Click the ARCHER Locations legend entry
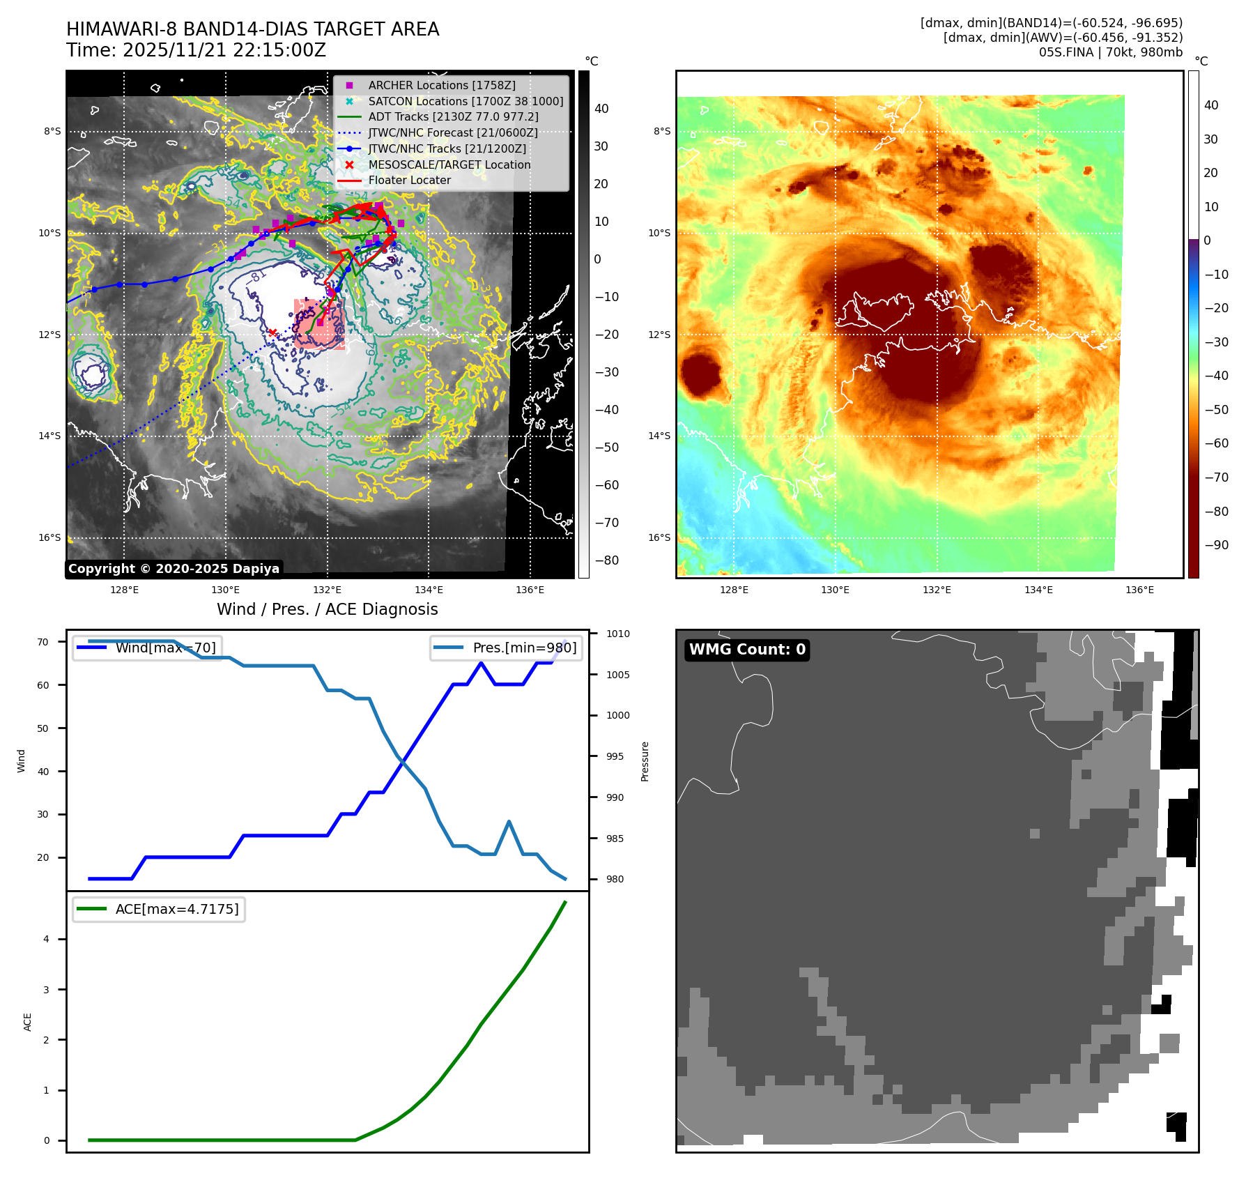(442, 85)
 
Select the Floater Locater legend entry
(409, 180)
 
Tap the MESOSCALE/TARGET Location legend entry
(449, 165)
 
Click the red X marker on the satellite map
(272, 333)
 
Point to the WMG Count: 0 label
(747, 650)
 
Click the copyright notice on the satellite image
(174, 569)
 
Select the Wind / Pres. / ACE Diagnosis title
(327, 609)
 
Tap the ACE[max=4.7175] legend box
(159, 909)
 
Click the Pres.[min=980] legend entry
(507, 648)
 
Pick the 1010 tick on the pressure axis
(617, 634)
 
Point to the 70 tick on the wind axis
(43, 642)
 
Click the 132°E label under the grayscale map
(327, 590)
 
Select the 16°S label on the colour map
(659, 537)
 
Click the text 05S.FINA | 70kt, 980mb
(1110, 52)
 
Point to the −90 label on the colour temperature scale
(1216, 545)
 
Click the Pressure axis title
(645, 761)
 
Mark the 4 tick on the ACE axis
(47, 939)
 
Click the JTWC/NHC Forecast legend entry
(452, 132)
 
